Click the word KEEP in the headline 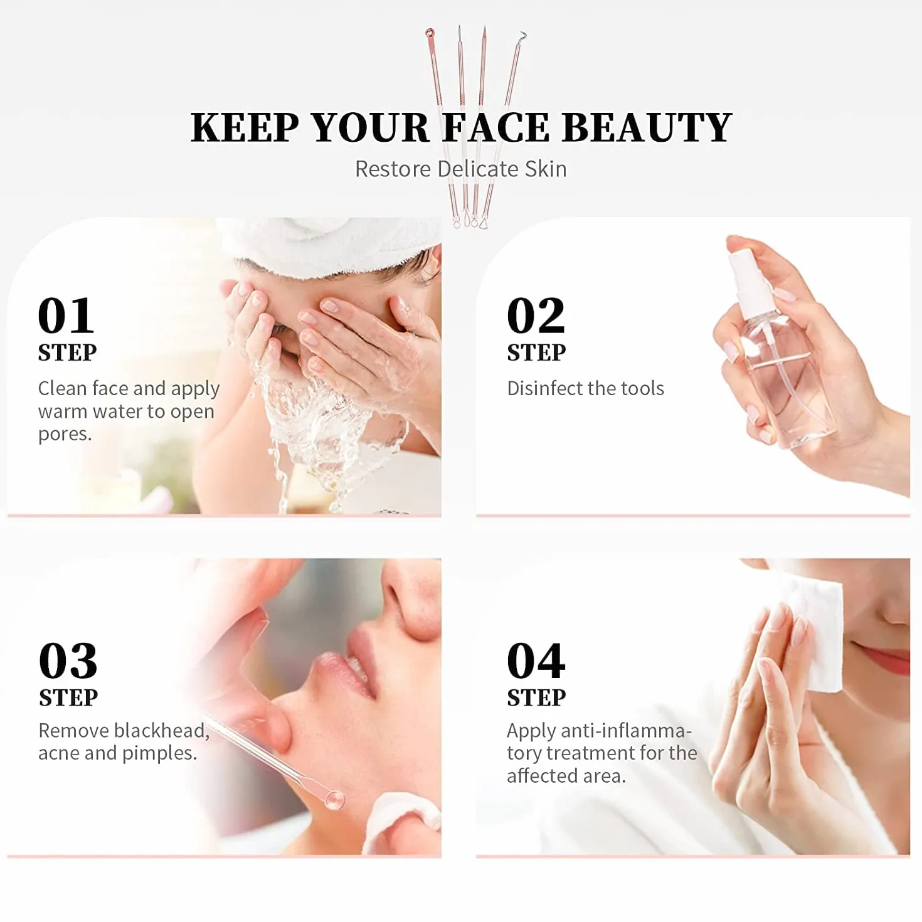click(245, 127)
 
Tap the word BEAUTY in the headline click(647, 127)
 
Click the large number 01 click(66, 315)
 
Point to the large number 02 click(536, 315)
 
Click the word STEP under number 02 click(536, 353)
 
